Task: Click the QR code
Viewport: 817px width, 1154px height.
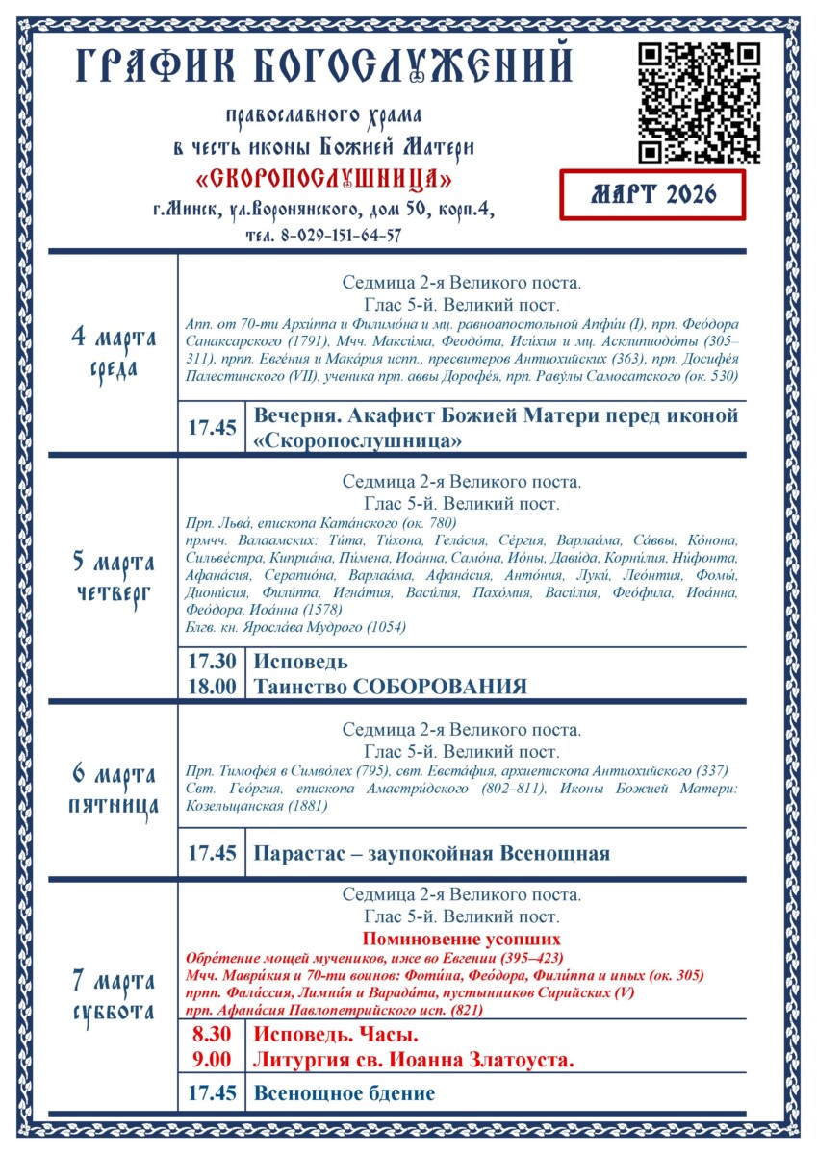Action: [701, 103]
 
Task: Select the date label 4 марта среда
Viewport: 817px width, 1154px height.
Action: [114, 352]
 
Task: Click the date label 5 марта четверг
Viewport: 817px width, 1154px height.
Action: [113, 576]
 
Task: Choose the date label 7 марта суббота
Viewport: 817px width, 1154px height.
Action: [113, 996]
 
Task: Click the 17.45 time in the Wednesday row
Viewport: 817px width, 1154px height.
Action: [212, 428]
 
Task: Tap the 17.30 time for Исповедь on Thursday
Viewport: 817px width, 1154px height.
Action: [212, 662]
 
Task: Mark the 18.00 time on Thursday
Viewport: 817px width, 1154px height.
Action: [212, 686]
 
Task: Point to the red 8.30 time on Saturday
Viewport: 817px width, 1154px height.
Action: [212, 1036]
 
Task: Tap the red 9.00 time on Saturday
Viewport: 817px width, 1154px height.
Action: [212, 1060]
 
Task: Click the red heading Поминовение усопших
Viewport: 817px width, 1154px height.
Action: [461, 939]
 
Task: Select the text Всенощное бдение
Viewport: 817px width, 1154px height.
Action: [344, 1093]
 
